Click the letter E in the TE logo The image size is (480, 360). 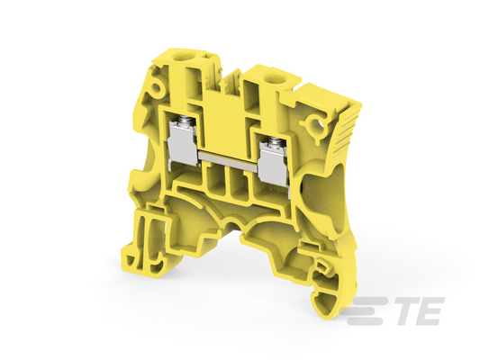430,310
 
